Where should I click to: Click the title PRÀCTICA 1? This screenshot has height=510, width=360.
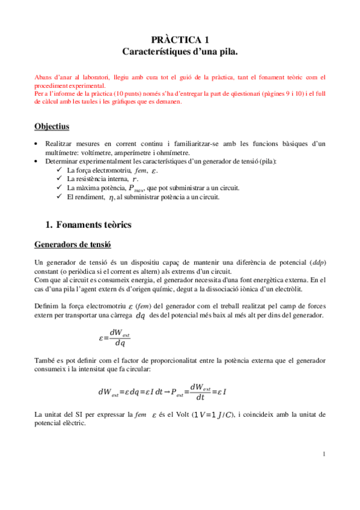tap(180, 40)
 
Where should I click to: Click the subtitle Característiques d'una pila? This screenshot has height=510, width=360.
tap(180, 52)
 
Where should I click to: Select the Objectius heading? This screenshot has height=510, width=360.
tap(52, 127)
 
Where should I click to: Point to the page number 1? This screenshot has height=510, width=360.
tap(323, 453)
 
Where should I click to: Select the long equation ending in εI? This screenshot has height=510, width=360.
tap(162, 392)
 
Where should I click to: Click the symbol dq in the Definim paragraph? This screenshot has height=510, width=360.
tap(141, 315)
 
